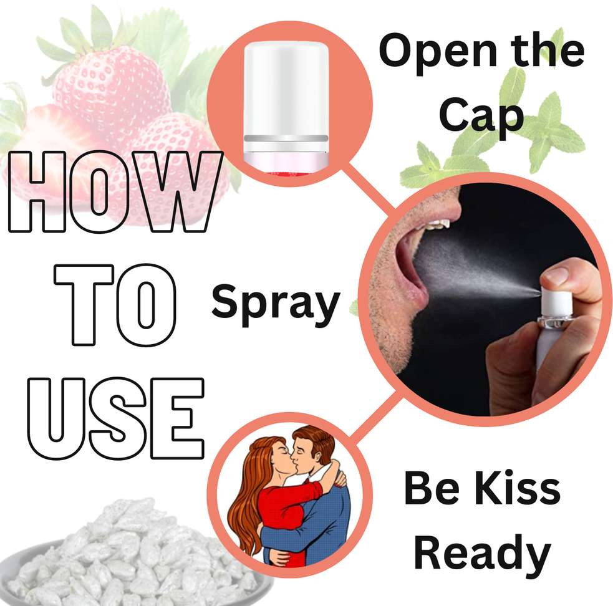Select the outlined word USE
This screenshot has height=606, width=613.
pos(116,418)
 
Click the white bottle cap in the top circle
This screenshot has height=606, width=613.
pos(286,97)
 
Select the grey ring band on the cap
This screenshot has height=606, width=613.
pos(286,138)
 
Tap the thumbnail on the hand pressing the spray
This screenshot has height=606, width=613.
pos(556,275)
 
